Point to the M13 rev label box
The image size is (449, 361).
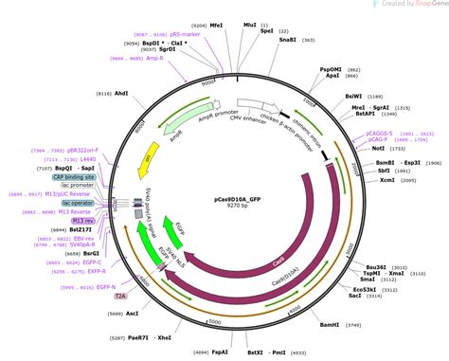(x=82, y=220)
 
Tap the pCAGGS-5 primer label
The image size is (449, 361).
(x=380, y=134)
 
